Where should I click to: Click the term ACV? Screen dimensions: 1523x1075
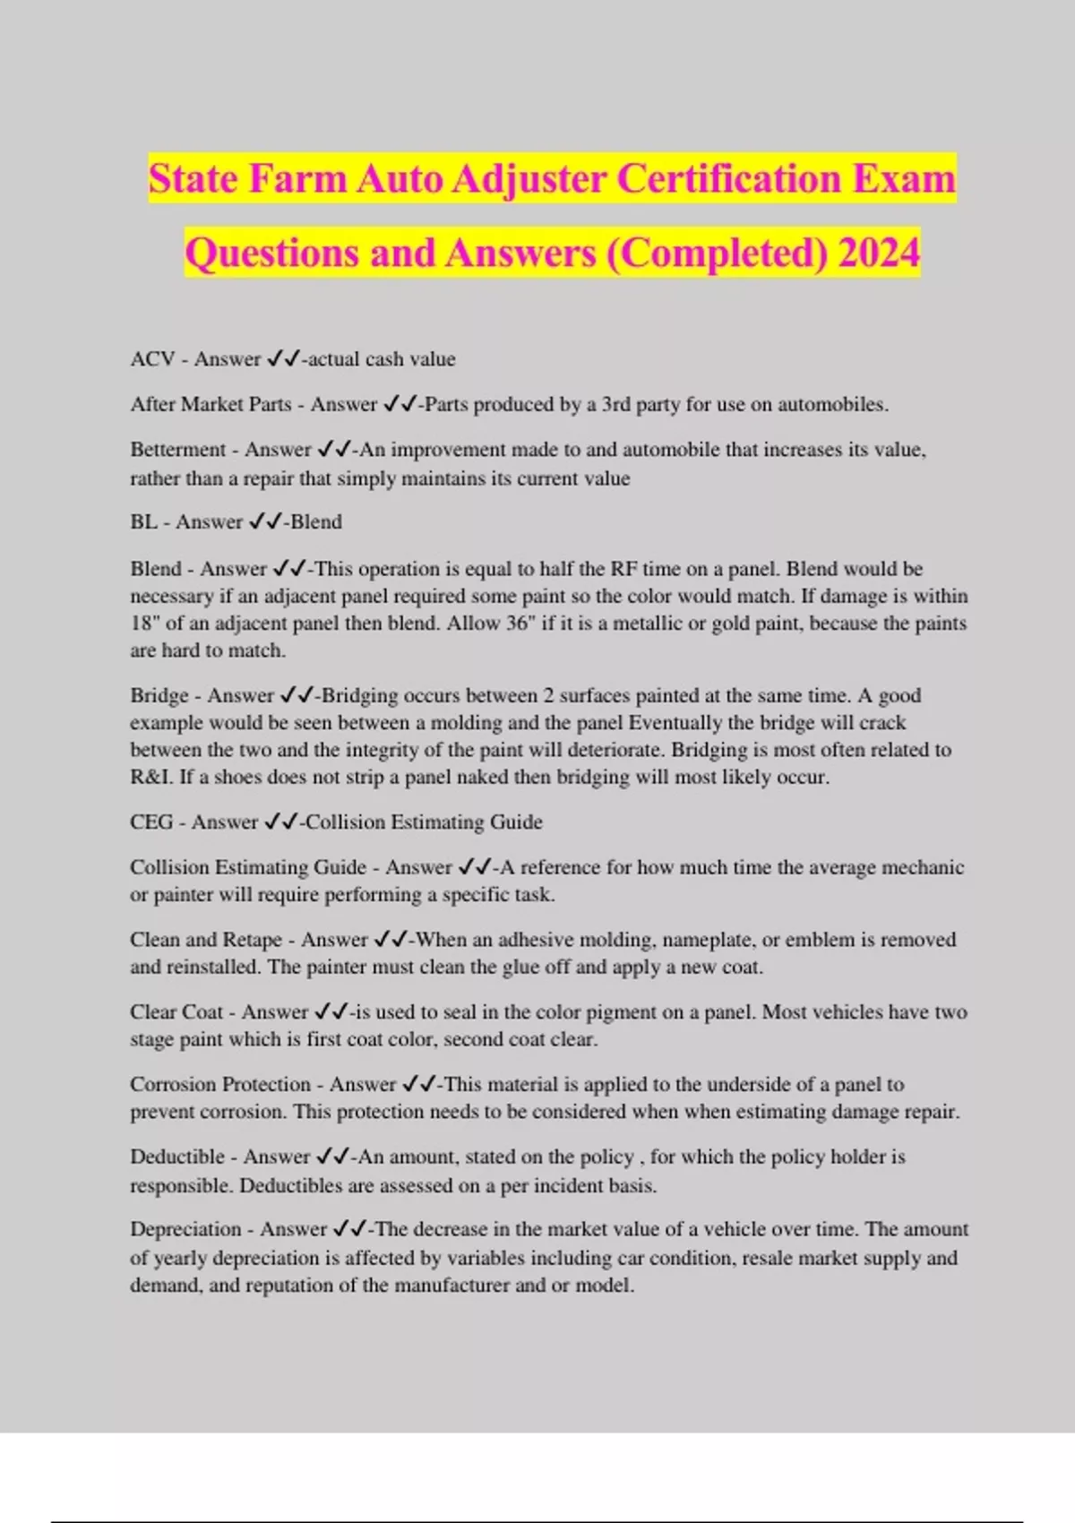(152, 359)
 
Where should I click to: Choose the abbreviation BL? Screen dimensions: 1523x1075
(143, 522)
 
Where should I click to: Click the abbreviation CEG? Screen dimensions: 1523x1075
(151, 822)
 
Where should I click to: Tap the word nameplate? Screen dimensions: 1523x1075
(707, 940)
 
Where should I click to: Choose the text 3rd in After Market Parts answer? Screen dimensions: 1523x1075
(616, 405)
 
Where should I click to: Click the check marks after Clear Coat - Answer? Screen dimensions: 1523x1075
(331, 1012)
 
